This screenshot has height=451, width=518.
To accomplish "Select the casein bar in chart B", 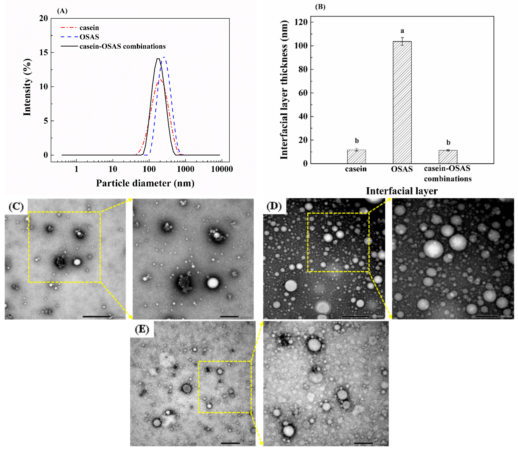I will click(x=356, y=157).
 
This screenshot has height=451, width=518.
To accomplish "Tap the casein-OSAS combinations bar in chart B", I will click(x=448, y=157).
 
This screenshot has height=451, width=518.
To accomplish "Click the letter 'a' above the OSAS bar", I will click(x=402, y=31).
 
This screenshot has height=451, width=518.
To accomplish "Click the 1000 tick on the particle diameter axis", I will click(x=185, y=169).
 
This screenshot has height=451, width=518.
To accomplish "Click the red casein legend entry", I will click(x=80, y=28).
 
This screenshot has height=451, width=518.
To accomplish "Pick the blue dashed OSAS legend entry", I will click(x=80, y=37).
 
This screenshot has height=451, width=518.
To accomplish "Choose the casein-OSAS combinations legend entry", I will click(x=113, y=46).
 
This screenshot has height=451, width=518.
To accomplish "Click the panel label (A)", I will click(x=62, y=11).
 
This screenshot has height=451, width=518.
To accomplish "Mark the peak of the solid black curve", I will click(x=158, y=59).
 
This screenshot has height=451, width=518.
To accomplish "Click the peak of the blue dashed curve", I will click(x=164, y=57).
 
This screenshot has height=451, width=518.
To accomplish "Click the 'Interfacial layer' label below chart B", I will click(x=402, y=191).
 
